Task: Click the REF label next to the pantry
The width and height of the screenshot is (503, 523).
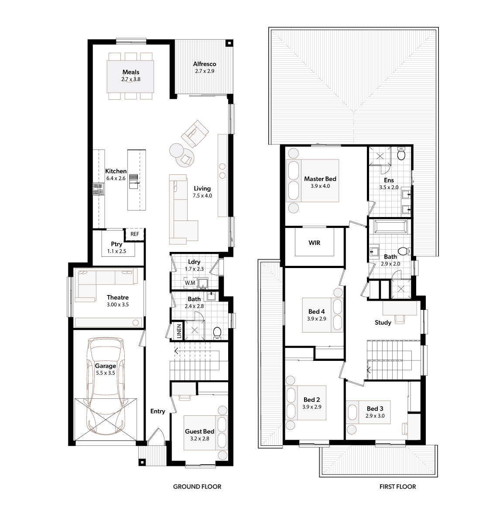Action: [134, 234]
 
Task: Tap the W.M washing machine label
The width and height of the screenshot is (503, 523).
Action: [190, 283]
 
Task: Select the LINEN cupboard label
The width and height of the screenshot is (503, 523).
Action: [179, 331]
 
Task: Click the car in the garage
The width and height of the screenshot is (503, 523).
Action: [106, 386]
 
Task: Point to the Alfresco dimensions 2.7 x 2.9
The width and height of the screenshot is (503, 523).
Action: [205, 71]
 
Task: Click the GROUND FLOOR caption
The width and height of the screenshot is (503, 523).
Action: [197, 486]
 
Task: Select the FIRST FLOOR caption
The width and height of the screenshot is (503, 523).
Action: [397, 486]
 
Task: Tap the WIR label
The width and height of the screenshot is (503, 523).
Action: [315, 243]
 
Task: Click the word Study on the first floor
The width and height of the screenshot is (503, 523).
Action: [383, 323]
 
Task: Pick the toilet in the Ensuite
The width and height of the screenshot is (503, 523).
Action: [401, 154]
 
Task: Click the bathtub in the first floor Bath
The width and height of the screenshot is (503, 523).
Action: [390, 227]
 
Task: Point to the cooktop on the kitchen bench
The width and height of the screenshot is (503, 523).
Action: [99, 189]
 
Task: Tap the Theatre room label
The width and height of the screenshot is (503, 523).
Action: [117, 298]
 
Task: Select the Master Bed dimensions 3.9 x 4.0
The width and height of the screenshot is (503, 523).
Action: [320, 186]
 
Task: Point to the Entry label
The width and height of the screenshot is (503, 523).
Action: [157, 411]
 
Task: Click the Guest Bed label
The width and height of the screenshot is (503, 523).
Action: [200, 431]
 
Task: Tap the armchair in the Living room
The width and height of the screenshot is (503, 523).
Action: [195, 133]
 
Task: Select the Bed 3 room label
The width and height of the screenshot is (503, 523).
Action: [375, 409]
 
